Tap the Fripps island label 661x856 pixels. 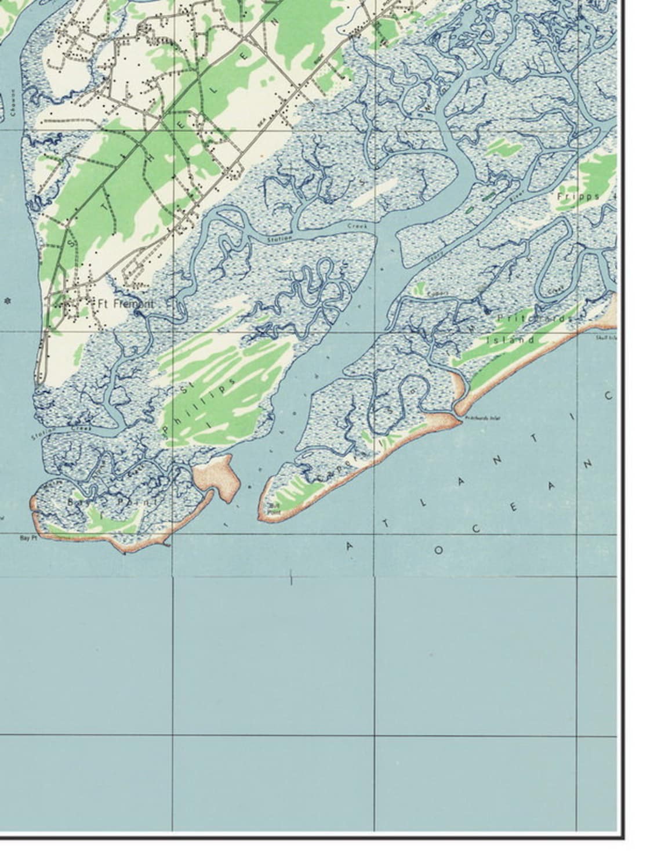click(x=578, y=196)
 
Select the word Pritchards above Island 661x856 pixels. click(x=534, y=318)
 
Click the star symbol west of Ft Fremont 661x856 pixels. click(x=8, y=302)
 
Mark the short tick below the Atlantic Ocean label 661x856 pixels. click(x=290, y=577)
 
